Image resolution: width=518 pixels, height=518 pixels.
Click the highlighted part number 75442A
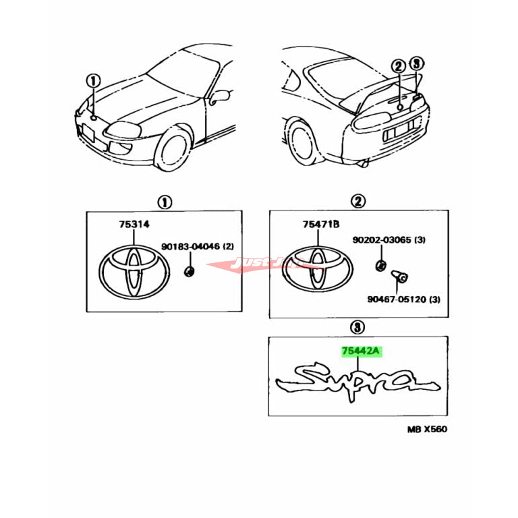362,351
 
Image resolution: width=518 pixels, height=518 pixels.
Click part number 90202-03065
389,240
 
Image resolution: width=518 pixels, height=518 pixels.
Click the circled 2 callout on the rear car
399,66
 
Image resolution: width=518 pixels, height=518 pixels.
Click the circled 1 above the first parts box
164,202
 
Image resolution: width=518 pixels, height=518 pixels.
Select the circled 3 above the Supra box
357,328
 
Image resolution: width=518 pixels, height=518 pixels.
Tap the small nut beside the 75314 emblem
189,272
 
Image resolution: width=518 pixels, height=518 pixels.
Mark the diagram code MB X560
426,429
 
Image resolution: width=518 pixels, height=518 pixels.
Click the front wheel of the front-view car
175,150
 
